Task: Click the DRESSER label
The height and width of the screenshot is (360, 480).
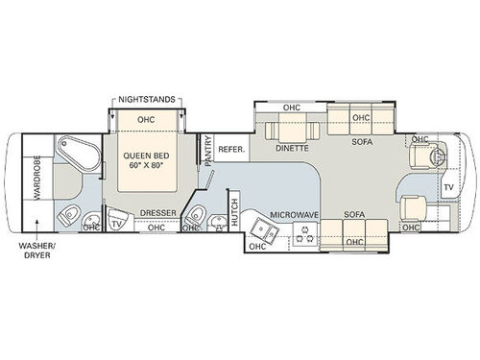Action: click(156, 213)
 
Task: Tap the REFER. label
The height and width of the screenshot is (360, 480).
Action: click(231, 151)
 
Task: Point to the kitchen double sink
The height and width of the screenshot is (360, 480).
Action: click(262, 228)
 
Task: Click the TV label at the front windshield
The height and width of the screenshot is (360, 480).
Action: click(448, 185)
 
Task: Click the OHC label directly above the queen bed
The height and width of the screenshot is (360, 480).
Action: click(146, 120)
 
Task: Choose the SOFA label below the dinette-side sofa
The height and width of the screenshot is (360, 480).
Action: click(362, 140)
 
